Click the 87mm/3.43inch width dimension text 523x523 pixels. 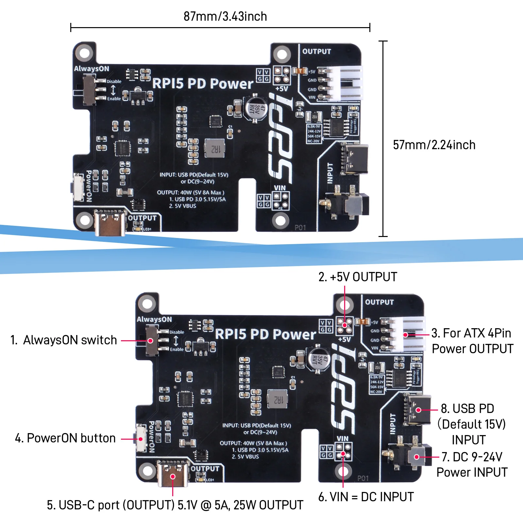pos(225,16)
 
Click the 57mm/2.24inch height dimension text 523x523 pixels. pos(434,145)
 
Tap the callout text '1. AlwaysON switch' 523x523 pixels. pos(64,340)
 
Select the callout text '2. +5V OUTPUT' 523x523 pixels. pos(358,277)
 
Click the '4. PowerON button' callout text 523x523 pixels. pos(65,438)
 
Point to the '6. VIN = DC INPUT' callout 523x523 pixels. pos(366,497)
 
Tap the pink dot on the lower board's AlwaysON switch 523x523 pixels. pos(150,341)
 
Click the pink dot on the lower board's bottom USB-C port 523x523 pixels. pos(173,476)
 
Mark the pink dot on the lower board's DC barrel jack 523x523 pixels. pos(417,457)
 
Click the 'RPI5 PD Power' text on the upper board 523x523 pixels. pos(203,84)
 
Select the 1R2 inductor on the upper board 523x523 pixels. pos(215,148)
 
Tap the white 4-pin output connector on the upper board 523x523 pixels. pos(346,83)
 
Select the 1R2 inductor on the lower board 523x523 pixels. pos(278,399)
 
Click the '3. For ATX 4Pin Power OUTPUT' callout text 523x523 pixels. pos(472,341)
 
